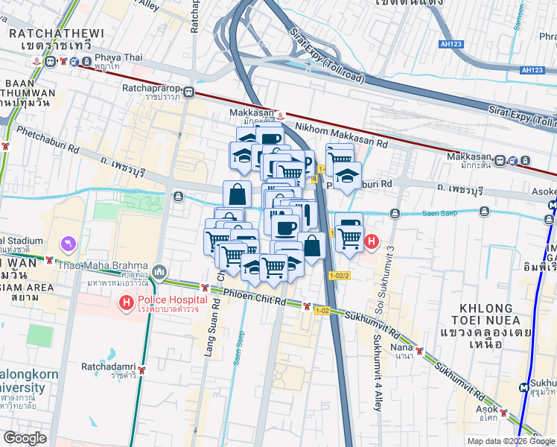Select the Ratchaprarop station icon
click(x=189, y=92)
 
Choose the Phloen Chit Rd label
click(x=253, y=297)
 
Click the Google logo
click(x=25, y=439)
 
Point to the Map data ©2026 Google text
click(x=512, y=441)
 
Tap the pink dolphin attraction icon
click(x=68, y=244)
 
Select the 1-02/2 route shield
click(x=339, y=276)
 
